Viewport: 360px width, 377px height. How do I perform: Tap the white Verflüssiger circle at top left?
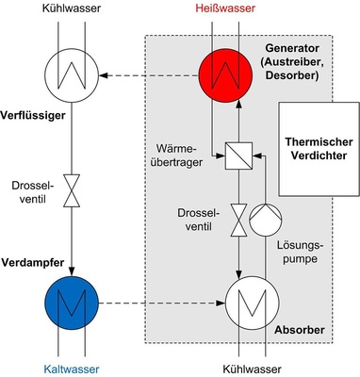[x=71, y=71]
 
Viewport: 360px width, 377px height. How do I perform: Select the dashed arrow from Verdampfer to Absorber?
[x=160, y=304]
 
